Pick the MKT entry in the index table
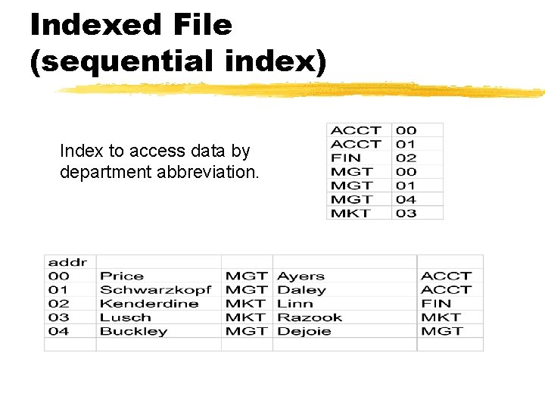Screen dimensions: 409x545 [x=350, y=213]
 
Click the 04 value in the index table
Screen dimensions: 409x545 [x=406, y=199]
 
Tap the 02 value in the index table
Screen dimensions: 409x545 [x=406, y=158]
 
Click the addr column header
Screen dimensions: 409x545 [x=67, y=262]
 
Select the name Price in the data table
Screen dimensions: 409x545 [x=121, y=276]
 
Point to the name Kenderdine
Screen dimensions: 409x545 [x=149, y=303]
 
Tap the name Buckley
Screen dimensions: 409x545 [x=133, y=331]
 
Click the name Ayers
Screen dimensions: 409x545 [x=301, y=276]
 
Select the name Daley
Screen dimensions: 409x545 [x=301, y=289]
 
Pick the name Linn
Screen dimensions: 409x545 [x=295, y=303]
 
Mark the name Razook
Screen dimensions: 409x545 [x=310, y=317]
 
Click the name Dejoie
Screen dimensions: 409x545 [x=304, y=331]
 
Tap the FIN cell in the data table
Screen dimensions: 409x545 [x=435, y=303]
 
